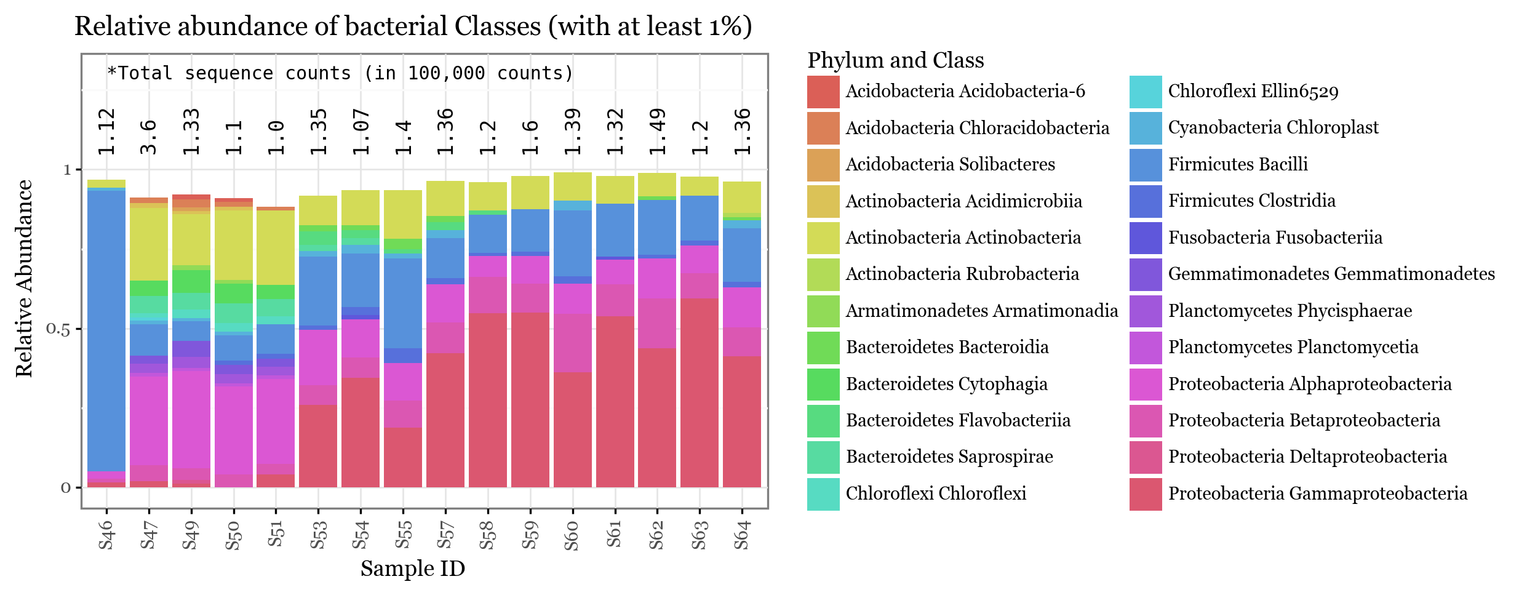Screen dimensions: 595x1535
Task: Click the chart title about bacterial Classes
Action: [x=413, y=27]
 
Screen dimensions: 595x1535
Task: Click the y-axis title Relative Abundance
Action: [x=24, y=278]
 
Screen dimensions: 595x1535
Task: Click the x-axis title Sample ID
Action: [x=412, y=569]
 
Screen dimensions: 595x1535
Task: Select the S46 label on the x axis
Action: [x=106, y=535]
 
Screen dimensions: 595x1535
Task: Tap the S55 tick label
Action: [x=403, y=535]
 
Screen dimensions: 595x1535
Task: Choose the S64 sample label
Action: [x=742, y=535]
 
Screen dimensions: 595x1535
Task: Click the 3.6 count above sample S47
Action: [x=149, y=137]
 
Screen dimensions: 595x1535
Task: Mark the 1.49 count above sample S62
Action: [x=658, y=132]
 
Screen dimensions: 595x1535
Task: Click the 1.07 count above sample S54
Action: [x=361, y=132]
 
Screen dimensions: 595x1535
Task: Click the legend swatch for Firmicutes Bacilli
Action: [x=1146, y=165]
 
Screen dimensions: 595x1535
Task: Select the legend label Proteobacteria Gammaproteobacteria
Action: [x=1317, y=493]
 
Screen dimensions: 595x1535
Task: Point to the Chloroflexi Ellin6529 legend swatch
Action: [x=1146, y=92]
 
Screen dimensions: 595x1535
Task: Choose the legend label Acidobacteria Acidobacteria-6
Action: [x=965, y=92]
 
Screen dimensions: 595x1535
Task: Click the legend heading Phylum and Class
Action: [x=895, y=60]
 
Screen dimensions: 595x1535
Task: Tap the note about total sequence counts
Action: [x=340, y=73]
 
